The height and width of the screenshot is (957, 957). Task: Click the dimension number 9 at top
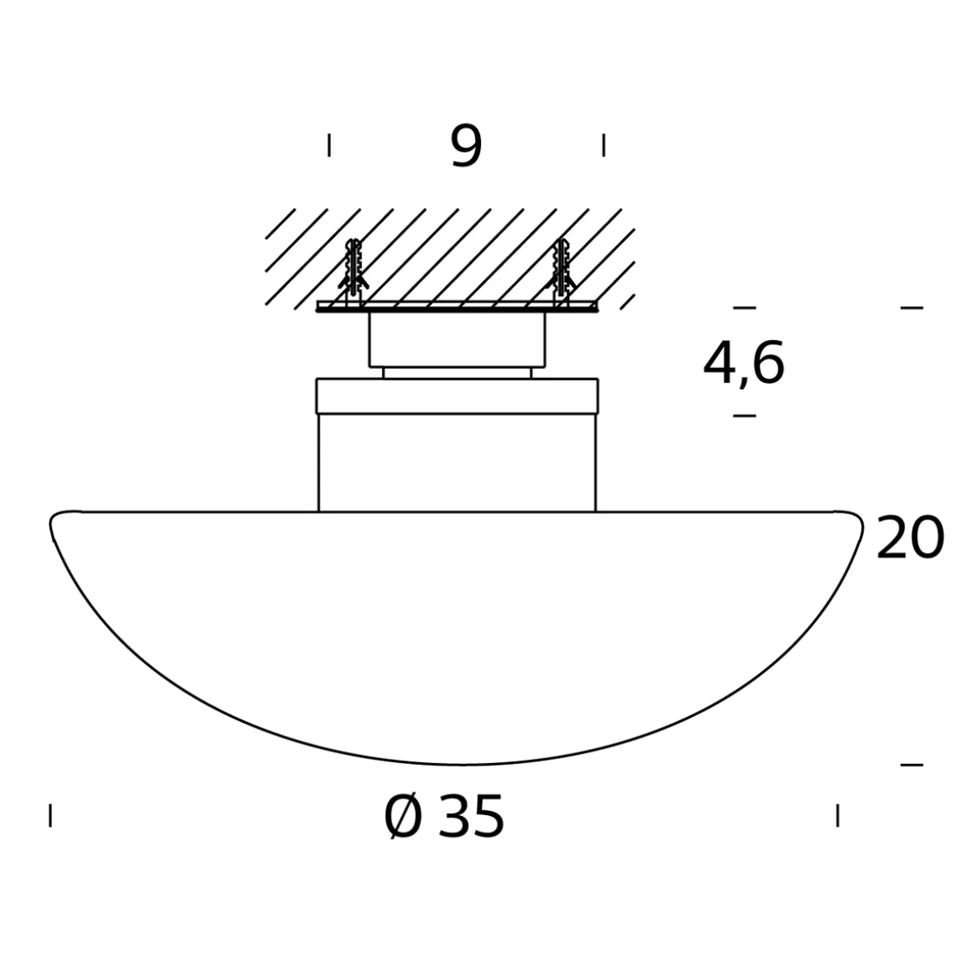[466, 147]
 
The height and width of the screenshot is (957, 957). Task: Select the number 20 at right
[909, 539]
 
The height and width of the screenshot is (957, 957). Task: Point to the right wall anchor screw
[563, 270]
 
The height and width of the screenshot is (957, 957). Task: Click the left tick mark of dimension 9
[329, 145]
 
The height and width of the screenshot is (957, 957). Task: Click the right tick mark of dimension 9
[604, 145]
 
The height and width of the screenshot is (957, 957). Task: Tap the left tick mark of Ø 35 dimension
[50, 815]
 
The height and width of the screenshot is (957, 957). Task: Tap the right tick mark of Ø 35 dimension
[837, 815]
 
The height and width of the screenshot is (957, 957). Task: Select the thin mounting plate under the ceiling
[458, 308]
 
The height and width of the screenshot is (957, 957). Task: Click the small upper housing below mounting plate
[457, 339]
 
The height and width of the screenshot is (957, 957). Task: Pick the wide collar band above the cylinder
[457, 395]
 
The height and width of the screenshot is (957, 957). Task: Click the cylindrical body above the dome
[457, 462]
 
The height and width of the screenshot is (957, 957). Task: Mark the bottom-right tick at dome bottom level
[912, 765]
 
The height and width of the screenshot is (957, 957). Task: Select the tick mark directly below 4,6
[744, 415]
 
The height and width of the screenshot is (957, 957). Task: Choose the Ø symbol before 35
[403, 818]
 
